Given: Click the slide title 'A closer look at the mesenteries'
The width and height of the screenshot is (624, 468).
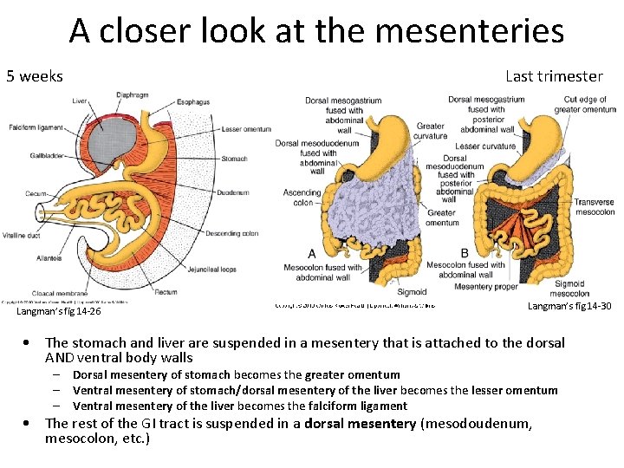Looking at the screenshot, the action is [316, 31].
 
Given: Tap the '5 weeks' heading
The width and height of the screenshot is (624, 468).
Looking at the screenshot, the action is [35, 76].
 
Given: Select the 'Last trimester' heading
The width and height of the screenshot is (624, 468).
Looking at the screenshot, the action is [554, 76].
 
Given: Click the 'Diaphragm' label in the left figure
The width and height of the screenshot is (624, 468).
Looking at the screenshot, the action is [132, 96].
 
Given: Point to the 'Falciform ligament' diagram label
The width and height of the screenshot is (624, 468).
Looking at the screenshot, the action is [36, 128].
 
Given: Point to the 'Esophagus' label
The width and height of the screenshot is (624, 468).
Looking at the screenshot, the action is [192, 102].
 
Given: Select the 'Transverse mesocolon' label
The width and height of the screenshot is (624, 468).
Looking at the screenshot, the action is [595, 207].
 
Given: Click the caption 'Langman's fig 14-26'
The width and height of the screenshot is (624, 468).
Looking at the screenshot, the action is [58, 311].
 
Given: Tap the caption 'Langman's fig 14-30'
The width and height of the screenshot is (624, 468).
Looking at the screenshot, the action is [569, 306].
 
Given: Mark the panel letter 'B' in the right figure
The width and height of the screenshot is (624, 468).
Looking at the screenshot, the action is [465, 253].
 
